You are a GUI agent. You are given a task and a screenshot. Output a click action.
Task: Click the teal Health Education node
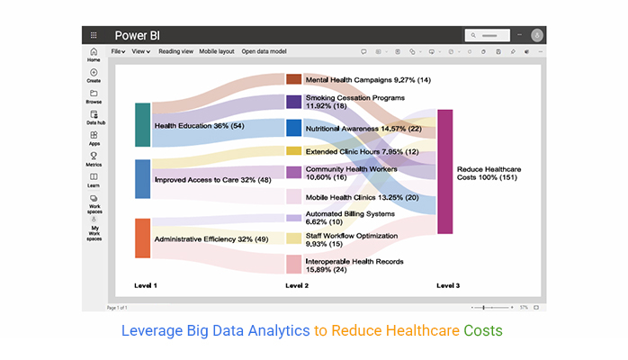pyautogui.click(x=142, y=125)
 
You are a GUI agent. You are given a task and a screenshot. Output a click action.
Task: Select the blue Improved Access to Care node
pyautogui.click(x=142, y=179)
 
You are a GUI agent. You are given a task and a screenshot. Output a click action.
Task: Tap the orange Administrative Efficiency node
pyautogui.click(x=142, y=238)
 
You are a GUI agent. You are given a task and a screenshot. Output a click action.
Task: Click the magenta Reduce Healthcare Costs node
pyautogui.click(x=445, y=172)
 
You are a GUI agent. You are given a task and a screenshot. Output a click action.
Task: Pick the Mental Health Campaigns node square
pyautogui.click(x=293, y=79)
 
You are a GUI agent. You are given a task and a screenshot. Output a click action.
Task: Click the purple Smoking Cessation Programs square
pyautogui.click(x=293, y=102)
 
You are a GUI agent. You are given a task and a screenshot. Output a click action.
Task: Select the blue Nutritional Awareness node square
pyautogui.click(x=293, y=128)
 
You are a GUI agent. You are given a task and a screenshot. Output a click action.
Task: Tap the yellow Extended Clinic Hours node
pyautogui.click(x=293, y=151)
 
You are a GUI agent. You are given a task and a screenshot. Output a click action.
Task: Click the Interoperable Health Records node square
pyautogui.click(x=293, y=264)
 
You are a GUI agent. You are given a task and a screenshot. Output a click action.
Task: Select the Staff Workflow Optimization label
pyautogui.click(x=350, y=236)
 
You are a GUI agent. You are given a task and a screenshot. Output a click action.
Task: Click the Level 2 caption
pyautogui.click(x=297, y=285)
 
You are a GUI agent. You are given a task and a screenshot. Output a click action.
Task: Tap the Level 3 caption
pyautogui.click(x=448, y=285)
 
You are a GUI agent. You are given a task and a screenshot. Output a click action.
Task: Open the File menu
pyautogui.click(x=116, y=51)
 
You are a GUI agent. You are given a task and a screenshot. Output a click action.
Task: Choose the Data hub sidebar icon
pyautogui.click(x=94, y=117)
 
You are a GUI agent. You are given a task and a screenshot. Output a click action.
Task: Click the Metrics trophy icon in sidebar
pyautogui.click(x=94, y=157)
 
